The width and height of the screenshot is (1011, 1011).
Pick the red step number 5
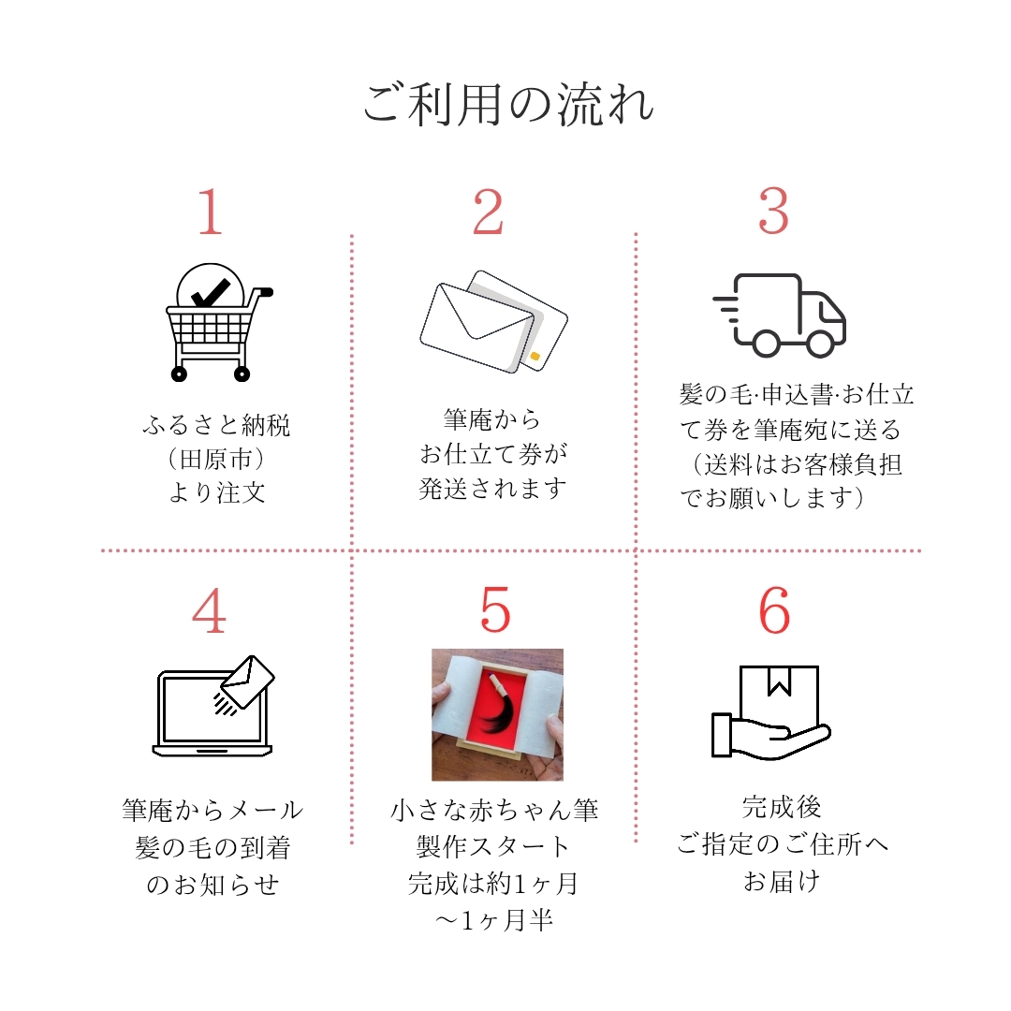point(495,610)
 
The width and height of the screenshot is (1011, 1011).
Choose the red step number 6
point(774,610)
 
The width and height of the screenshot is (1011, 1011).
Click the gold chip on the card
point(535,357)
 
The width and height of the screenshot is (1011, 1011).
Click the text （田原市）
point(216,460)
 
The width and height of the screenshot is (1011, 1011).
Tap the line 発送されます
point(492,489)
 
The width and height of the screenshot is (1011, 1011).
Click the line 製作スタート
point(493,847)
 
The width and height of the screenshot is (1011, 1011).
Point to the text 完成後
point(781,807)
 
